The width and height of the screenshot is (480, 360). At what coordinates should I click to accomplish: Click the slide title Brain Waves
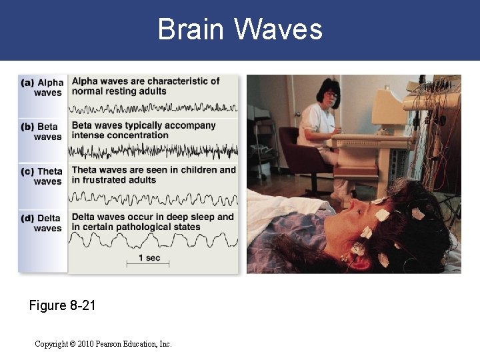pos(240,29)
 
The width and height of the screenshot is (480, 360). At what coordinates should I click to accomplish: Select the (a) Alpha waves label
pos(43,88)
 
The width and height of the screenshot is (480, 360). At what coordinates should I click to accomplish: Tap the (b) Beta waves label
pos(43,131)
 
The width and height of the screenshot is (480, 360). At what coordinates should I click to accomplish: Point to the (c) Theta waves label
pos(43,176)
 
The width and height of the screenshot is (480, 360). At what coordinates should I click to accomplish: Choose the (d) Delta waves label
pos(43,223)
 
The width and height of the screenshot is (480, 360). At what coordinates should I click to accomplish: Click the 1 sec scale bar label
pos(149,257)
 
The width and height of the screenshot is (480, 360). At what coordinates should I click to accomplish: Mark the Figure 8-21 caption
pos(63,306)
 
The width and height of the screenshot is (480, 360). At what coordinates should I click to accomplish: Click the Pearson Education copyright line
pos(103,344)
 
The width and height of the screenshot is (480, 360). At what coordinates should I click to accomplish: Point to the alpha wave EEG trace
pos(153,107)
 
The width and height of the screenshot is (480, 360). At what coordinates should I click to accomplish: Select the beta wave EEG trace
pos(153,152)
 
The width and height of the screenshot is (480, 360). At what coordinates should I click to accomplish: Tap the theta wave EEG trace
pos(153,197)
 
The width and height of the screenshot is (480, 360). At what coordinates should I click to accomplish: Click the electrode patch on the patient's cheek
pos(366,233)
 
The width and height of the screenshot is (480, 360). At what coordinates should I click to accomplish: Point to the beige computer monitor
pos(388,107)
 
